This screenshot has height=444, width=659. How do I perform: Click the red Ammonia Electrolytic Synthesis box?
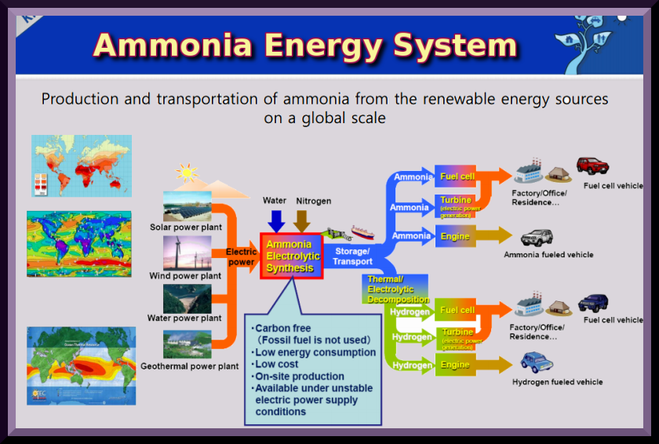[291, 256]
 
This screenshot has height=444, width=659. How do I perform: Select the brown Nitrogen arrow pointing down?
[302, 220]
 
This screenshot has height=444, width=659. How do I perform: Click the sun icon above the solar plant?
[187, 172]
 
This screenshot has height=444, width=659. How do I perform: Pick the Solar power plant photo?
[187, 206]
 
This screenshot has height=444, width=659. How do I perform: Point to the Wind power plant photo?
[187, 253]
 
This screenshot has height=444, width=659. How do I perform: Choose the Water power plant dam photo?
[187, 298]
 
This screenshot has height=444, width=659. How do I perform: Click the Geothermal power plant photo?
[187, 344]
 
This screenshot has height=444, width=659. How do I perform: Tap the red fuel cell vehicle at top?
[592, 166]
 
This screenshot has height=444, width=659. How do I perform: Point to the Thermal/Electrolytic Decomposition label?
[397, 289]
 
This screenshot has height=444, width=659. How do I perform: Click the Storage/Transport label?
[352, 257]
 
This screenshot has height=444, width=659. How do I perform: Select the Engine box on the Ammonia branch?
[455, 236]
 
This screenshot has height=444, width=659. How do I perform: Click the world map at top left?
[82, 165]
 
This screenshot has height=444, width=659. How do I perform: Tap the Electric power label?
[241, 257]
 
